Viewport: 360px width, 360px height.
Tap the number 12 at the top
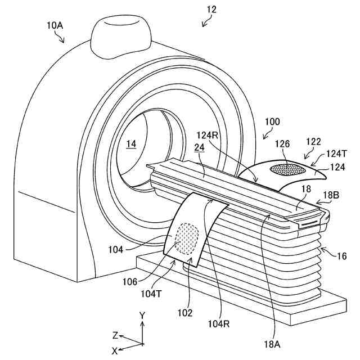tap(211, 9)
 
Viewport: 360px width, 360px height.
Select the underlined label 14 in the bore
tap(131, 144)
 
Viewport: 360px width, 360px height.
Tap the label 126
tap(283, 144)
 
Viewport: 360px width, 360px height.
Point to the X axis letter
tap(115, 350)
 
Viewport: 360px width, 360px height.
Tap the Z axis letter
tap(115, 335)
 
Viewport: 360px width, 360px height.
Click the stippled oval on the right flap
tap(288, 169)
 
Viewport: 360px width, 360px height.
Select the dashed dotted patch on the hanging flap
tap(186, 238)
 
